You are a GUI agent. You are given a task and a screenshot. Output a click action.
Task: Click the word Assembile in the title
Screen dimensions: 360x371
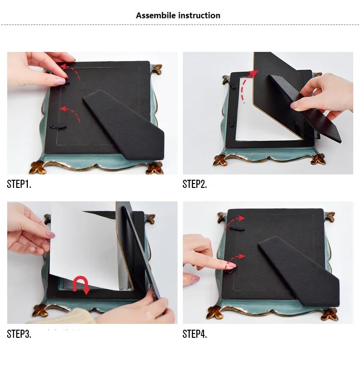[x=156, y=15]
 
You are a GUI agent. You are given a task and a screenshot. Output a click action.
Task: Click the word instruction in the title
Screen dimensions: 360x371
[x=199, y=15]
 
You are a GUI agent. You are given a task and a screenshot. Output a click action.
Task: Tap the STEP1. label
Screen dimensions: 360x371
[x=19, y=184]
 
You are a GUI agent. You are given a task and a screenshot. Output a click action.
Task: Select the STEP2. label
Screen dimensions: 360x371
[x=194, y=184]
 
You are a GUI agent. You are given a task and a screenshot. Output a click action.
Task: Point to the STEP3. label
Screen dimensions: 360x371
[x=19, y=334]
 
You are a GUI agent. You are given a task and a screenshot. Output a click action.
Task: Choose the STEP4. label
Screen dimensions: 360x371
[x=194, y=334]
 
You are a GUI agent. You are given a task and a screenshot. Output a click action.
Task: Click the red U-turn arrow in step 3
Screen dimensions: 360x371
[x=81, y=284]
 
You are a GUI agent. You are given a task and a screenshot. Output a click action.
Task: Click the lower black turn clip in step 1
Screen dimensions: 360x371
[x=58, y=127]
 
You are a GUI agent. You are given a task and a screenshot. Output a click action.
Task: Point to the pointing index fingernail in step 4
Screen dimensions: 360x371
[x=231, y=265]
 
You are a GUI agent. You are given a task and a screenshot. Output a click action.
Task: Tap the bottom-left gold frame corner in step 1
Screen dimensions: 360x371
[x=37, y=167]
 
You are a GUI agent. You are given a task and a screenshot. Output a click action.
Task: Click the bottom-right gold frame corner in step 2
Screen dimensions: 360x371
[x=318, y=159]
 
